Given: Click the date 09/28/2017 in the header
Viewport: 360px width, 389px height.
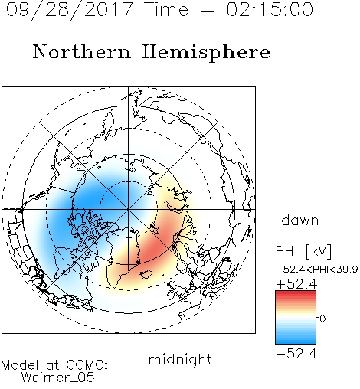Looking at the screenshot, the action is coord(69,10).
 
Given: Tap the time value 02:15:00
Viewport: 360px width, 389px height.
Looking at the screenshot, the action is coord(270,9).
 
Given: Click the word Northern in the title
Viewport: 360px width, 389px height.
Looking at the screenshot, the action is coord(82,51).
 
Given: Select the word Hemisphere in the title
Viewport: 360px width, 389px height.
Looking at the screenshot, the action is coord(206,52).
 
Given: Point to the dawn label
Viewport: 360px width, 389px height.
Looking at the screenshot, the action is coord(300,220).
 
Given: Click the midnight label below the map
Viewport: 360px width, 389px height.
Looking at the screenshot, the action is coord(180,359).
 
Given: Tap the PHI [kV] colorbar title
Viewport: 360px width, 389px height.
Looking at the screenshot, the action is coord(303,251).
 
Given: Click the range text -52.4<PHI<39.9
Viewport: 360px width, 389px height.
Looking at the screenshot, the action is coord(316,270).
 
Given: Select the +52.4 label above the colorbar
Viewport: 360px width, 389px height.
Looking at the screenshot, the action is coord(296,284).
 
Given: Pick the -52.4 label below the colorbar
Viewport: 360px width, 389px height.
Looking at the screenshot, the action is coord(296,354).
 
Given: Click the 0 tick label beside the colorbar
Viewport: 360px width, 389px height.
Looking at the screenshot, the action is coord(322,319).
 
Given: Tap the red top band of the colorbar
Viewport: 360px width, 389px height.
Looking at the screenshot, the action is coord(296,293).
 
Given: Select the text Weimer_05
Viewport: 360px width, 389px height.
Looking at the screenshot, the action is coord(58,378).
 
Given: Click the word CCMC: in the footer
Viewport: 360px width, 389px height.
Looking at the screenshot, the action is coord(87,365).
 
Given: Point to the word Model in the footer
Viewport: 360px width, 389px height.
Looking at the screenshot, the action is coord(20,365).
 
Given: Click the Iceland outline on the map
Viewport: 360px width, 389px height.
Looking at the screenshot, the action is coord(146,274).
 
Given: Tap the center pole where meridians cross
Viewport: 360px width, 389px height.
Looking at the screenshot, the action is coord(129,209).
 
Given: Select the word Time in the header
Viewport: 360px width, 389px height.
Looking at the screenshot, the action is coord(166,9).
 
